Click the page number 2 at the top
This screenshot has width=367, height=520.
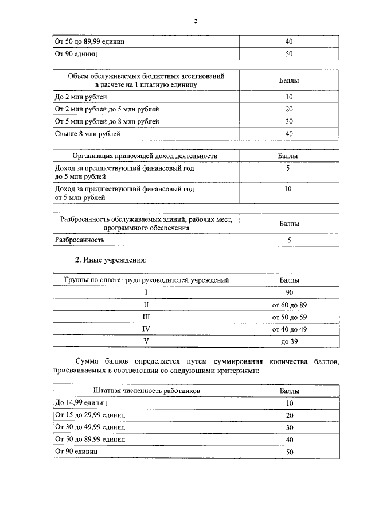coord(195,21)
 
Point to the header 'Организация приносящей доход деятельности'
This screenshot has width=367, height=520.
coord(145,156)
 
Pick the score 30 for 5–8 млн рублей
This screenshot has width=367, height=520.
coord(289,121)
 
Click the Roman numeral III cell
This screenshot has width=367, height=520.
coord(146,317)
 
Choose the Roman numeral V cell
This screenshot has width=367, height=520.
coord(146,341)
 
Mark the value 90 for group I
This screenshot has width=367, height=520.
coord(289,292)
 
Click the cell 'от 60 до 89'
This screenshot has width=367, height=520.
coord(289,305)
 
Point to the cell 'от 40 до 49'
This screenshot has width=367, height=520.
coord(289,329)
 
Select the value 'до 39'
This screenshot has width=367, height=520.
coord(289,341)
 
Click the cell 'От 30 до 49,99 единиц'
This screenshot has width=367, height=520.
coord(89,427)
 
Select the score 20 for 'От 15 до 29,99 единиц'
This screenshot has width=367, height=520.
coord(289,415)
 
